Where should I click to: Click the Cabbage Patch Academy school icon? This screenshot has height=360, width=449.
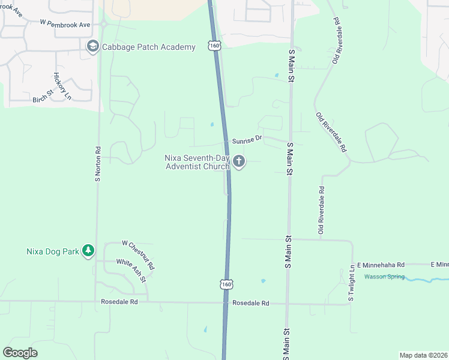[x=92, y=47]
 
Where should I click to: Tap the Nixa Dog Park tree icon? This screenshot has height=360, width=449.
[x=88, y=251]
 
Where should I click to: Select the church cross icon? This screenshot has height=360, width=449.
[x=239, y=161]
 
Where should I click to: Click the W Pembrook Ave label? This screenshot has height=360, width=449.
[x=65, y=24]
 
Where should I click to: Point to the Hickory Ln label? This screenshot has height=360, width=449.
[x=62, y=86]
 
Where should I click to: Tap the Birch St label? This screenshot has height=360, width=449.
[x=43, y=95]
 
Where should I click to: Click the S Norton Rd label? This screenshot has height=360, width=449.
[x=97, y=163]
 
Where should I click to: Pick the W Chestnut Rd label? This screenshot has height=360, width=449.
[x=138, y=254]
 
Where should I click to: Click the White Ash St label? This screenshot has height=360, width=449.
[x=135, y=267]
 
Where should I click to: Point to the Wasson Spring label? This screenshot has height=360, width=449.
[x=384, y=277]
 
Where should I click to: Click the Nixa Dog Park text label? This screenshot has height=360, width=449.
[x=53, y=251]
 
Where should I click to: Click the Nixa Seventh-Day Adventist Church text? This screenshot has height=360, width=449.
[x=197, y=162]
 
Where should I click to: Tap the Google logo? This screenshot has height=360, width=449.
[x=20, y=353]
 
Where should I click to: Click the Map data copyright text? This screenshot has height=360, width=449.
[x=423, y=355]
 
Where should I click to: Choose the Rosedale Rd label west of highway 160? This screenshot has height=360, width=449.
[x=119, y=302]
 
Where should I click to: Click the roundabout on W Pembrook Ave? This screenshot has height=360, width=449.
[x=103, y=24]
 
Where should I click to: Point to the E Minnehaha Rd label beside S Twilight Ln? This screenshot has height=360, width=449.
[x=381, y=265]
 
